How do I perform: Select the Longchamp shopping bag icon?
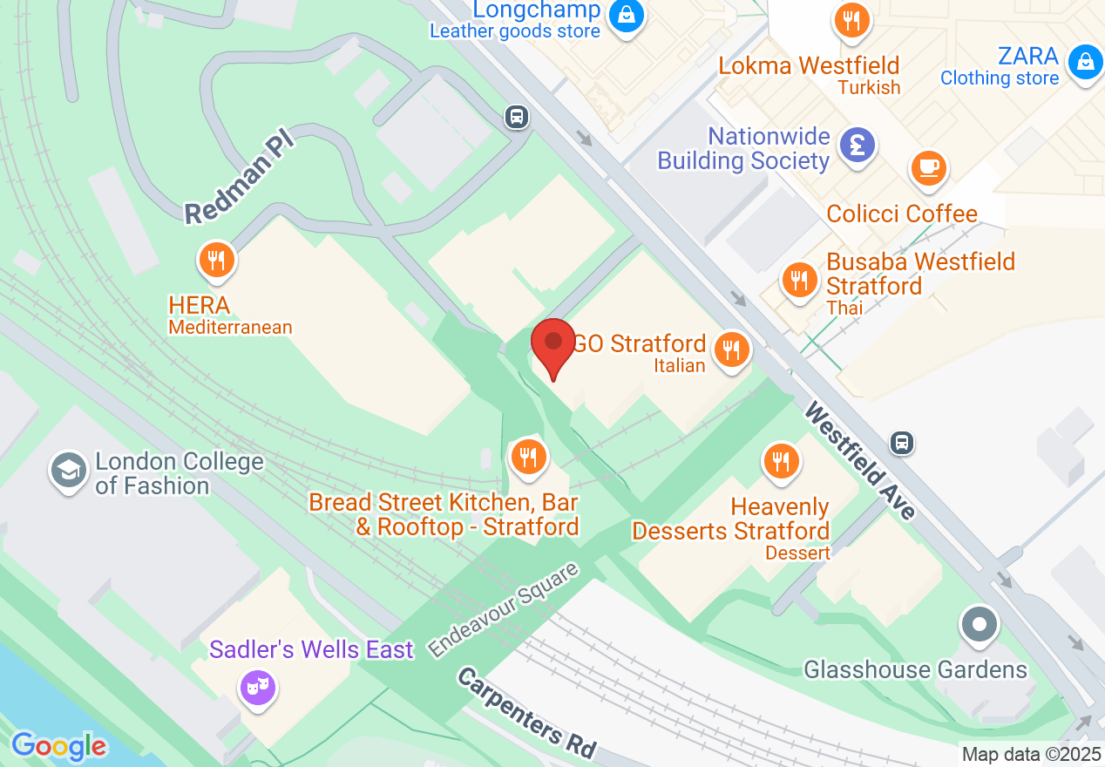[x=625, y=15]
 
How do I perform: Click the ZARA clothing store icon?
[x=1085, y=62]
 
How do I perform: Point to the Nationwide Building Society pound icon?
[x=857, y=144]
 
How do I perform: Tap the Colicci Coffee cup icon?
[x=929, y=167]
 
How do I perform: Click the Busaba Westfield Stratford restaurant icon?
[x=798, y=280]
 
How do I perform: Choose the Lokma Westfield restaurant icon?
[x=851, y=20]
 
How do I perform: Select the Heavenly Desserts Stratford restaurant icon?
[x=781, y=460]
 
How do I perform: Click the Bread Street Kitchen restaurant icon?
[x=528, y=456]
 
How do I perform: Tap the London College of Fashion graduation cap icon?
[x=69, y=472]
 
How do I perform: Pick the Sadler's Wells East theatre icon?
[x=258, y=687]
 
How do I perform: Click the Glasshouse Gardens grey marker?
[x=980, y=625]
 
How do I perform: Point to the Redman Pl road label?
[x=241, y=175]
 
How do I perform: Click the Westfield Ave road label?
[x=861, y=461]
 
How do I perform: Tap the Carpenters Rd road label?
[x=528, y=713]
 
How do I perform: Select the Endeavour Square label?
[x=503, y=610]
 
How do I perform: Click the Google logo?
[x=58, y=746]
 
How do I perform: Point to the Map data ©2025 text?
[x=1031, y=754]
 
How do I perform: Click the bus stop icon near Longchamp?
[x=517, y=116]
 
